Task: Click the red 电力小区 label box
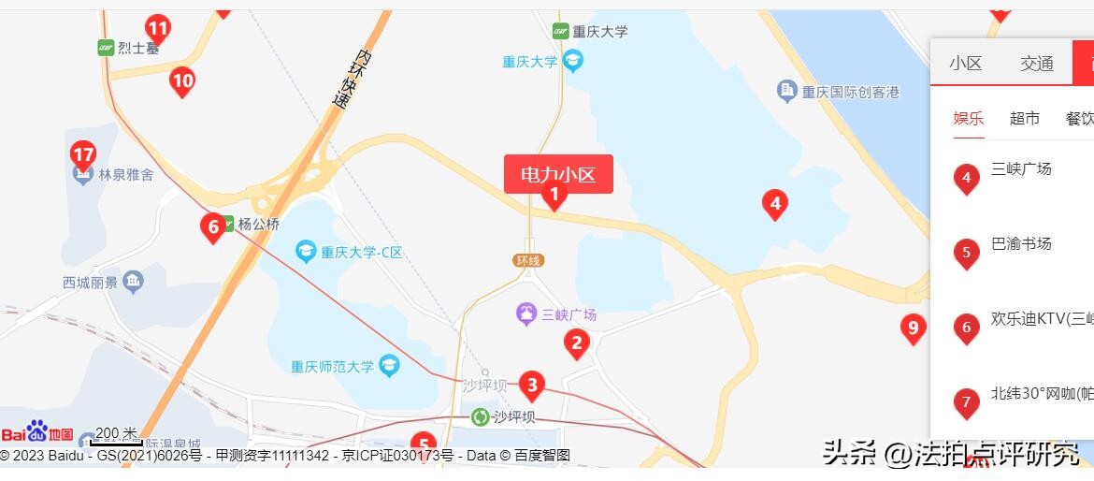pos(558,174)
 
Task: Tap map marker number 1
pos(554,196)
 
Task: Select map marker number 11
pos(158,30)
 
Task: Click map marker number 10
pos(182,81)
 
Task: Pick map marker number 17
pos(83,154)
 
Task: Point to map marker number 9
pos(913,328)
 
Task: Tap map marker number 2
pos(576,343)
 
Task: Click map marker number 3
pos(531,384)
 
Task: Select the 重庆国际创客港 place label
pos(849,92)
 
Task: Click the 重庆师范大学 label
pos(332,366)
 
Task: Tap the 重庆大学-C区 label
pos(361,252)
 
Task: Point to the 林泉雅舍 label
pos(126,174)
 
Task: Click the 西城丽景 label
pos(91,283)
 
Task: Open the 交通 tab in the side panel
pos(1036,64)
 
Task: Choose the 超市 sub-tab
pos(1024,118)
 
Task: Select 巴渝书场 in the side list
pos(1021,244)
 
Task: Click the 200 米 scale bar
pos(116,436)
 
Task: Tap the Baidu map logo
pos(37,432)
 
